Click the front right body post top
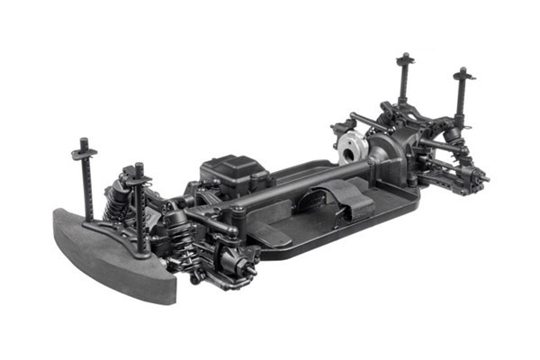[139, 168]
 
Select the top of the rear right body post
[463, 72]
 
